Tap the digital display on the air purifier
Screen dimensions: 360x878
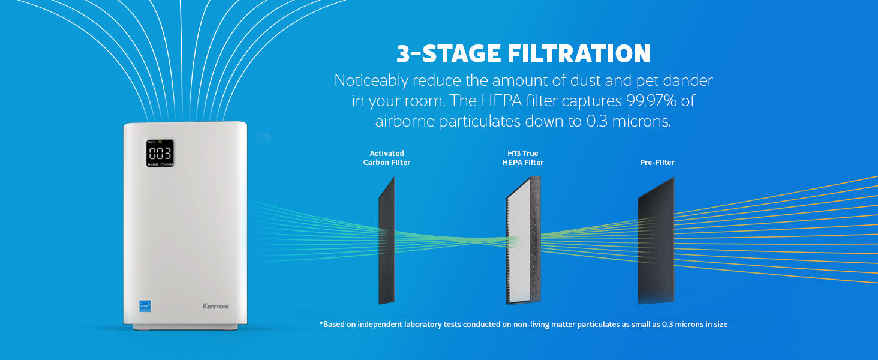tap(160, 153)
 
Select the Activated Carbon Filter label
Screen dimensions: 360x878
tap(387, 158)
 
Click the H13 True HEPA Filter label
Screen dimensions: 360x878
tap(523, 158)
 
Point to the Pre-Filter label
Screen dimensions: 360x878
tap(657, 162)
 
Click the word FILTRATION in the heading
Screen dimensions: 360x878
tap(579, 54)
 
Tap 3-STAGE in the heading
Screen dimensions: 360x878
tap(448, 54)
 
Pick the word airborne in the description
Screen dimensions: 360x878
tap(405, 121)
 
